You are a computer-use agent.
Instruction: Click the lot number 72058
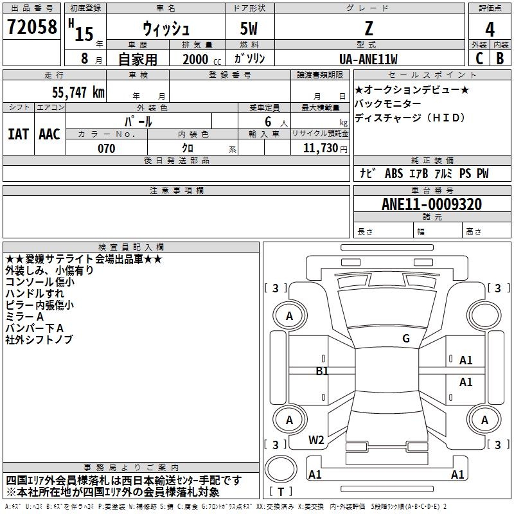point(32,27)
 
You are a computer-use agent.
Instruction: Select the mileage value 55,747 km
point(78,92)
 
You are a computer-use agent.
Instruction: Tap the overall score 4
point(490,29)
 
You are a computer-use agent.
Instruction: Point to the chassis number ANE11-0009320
point(432,204)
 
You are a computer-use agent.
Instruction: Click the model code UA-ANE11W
point(368,59)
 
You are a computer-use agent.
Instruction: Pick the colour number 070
point(107,148)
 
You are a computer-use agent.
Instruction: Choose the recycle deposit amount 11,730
point(321,148)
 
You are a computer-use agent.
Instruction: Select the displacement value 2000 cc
point(202,59)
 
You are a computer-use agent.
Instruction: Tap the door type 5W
point(249,28)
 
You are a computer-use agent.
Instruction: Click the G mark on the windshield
point(406,339)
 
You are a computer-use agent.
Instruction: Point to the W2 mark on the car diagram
point(316,439)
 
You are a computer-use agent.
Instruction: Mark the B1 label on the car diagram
point(322,371)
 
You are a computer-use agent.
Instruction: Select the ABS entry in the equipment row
point(394,173)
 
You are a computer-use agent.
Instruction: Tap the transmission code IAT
point(19,134)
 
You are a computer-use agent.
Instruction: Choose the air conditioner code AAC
point(49,134)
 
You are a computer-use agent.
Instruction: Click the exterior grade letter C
point(479,58)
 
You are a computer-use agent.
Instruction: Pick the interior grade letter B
point(501,58)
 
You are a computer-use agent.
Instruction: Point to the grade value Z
point(369,28)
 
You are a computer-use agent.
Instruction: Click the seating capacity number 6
point(268,121)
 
